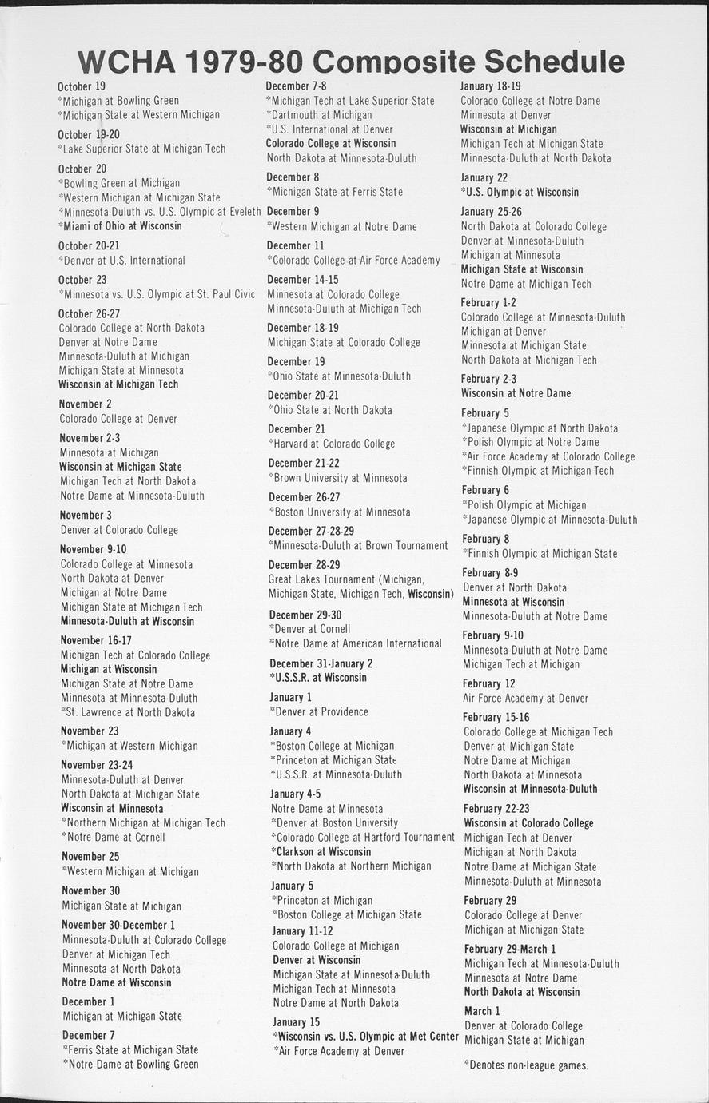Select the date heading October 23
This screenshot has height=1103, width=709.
tap(82, 280)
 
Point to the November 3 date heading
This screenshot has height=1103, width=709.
tap(86, 516)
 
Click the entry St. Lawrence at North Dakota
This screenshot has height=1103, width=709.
tap(129, 712)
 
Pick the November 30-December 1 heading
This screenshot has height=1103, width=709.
tap(119, 926)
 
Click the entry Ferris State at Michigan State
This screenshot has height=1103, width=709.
tap(130, 1049)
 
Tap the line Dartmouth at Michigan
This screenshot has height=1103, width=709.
tap(320, 115)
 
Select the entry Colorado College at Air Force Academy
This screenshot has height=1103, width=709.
tap(355, 260)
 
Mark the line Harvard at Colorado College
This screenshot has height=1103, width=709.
tap(332, 444)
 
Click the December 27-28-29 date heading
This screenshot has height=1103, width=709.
tap(311, 532)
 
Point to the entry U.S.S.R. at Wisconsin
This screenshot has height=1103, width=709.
tap(318, 678)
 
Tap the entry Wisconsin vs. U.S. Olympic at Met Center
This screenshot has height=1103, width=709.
tap(365, 1037)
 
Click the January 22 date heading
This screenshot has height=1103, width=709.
tap(484, 177)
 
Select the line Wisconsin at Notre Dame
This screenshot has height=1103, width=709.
tap(516, 393)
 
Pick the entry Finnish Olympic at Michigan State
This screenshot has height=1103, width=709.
tap(540, 553)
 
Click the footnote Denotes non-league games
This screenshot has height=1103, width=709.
tap(526, 1065)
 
